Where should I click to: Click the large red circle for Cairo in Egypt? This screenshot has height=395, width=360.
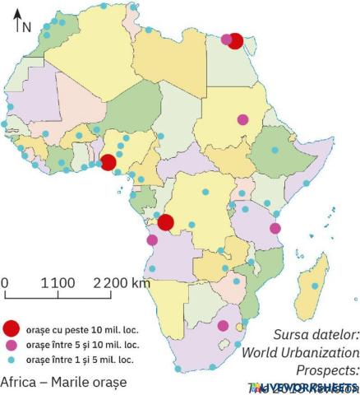pos(236,41)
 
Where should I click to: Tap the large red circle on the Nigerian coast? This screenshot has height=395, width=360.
pos(108,162)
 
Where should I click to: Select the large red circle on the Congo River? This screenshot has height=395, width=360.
pos(165,222)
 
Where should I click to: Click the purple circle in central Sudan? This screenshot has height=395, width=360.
pos(242,119)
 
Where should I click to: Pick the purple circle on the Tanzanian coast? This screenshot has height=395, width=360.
pos(275,228)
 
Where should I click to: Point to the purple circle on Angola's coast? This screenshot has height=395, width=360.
pos(152,240)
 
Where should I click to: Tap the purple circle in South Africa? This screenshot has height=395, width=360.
pos(223,326)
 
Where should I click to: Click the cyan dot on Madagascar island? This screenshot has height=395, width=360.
pos(316,286)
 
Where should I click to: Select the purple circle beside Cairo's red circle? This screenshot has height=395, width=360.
pos(226,38)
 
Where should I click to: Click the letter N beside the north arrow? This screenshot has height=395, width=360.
pos(27,26)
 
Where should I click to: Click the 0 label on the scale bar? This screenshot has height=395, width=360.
pos(5,283)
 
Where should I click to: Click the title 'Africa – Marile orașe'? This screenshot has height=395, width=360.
pos(58,383)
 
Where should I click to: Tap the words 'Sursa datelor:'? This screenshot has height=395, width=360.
pos(316,335)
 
